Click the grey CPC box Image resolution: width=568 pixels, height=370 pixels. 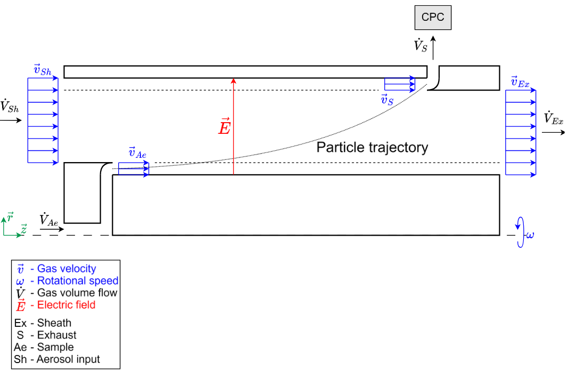[x=433, y=18]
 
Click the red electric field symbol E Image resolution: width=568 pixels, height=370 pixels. [x=224, y=127]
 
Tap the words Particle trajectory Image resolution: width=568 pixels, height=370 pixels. [x=372, y=148]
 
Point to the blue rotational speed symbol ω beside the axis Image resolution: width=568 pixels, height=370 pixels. [x=530, y=235]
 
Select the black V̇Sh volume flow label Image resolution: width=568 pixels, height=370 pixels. [x=10, y=107]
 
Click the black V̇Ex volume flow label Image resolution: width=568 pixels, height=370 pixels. [x=553, y=118]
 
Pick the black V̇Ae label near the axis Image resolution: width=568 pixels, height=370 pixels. [x=48, y=220]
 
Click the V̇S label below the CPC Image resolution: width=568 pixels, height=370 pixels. [x=420, y=45]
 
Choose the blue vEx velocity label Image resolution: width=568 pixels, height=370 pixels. [x=520, y=82]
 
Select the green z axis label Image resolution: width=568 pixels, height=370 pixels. [x=23, y=229]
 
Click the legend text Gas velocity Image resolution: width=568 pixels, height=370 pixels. [x=67, y=269]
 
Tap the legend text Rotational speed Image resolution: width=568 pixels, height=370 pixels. [x=74, y=281]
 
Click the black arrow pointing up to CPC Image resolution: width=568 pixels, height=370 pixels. [x=433, y=47]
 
